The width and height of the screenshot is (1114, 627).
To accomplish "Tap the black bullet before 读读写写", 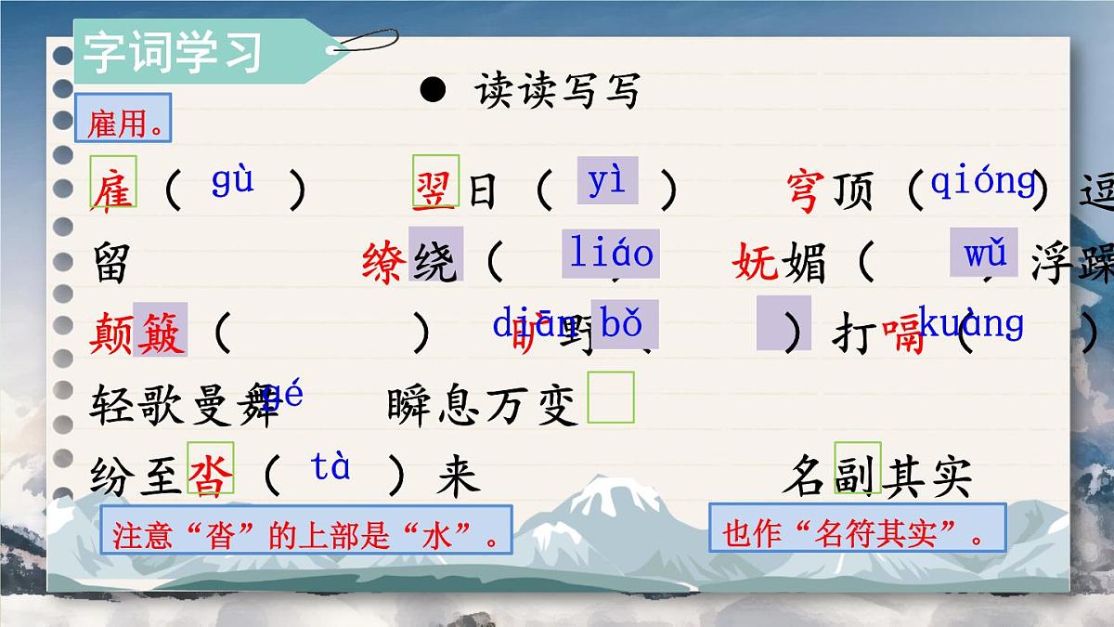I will (433, 90).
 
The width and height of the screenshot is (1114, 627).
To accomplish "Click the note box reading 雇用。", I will (123, 120).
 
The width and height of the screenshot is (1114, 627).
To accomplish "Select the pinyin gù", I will (232, 179).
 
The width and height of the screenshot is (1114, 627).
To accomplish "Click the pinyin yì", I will (607, 180).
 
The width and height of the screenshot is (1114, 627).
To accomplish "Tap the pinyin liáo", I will (612, 253).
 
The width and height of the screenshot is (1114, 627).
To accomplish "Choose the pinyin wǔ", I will (984, 253).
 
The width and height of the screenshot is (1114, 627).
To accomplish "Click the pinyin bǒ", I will (622, 324).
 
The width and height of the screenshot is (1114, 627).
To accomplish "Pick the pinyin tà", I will (330, 467).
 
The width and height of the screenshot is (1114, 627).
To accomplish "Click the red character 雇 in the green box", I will (113, 190).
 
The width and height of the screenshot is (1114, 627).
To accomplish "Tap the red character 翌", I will (434, 189).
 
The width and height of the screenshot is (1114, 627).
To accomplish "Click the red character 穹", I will (805, 190).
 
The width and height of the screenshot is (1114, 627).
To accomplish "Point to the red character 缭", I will (384, 263).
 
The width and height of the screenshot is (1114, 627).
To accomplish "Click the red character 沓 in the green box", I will (211, 477).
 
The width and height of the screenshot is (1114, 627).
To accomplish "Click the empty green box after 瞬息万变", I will (612, 398).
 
